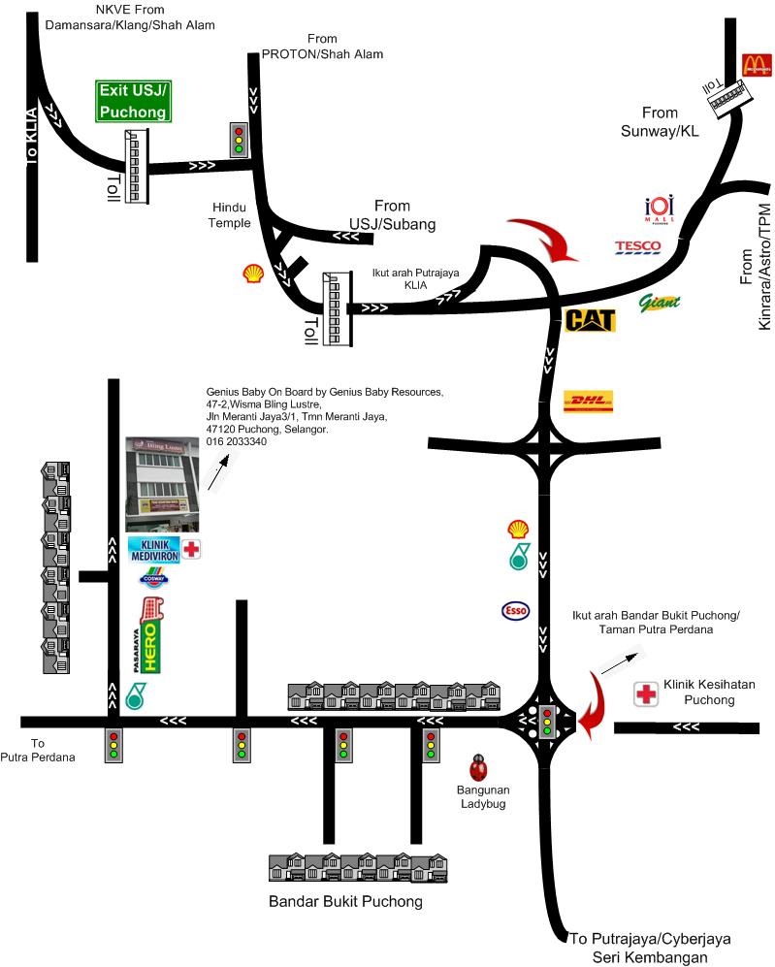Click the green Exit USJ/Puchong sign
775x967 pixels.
point(134,102)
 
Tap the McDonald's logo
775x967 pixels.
point(757,65)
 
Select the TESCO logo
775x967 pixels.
point(638,247)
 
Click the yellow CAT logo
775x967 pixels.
point(591,319)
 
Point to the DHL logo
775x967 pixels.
point(588,401)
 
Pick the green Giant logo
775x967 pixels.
point(660,302)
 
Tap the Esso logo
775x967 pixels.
point(515,610)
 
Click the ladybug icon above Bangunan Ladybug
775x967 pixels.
point(477,767)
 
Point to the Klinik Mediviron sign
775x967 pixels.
point(155,550)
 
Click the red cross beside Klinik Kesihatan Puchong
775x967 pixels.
point(646,693)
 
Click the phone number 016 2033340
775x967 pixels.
point(237,441)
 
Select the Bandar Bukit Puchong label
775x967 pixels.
point(345,902)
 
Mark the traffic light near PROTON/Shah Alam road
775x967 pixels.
point(237,140)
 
